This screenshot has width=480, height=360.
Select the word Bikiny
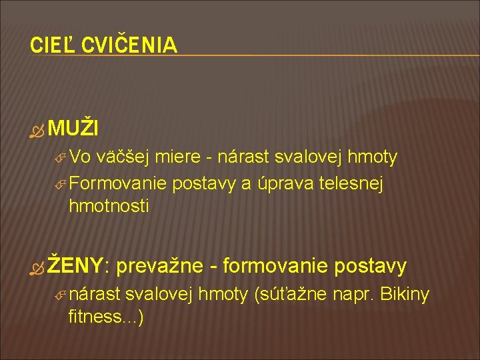(404, 293)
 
